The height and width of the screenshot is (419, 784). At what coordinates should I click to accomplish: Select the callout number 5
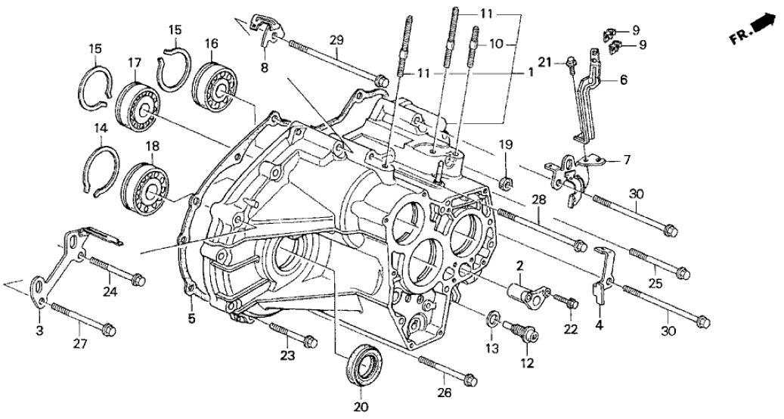tap(192, 319)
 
